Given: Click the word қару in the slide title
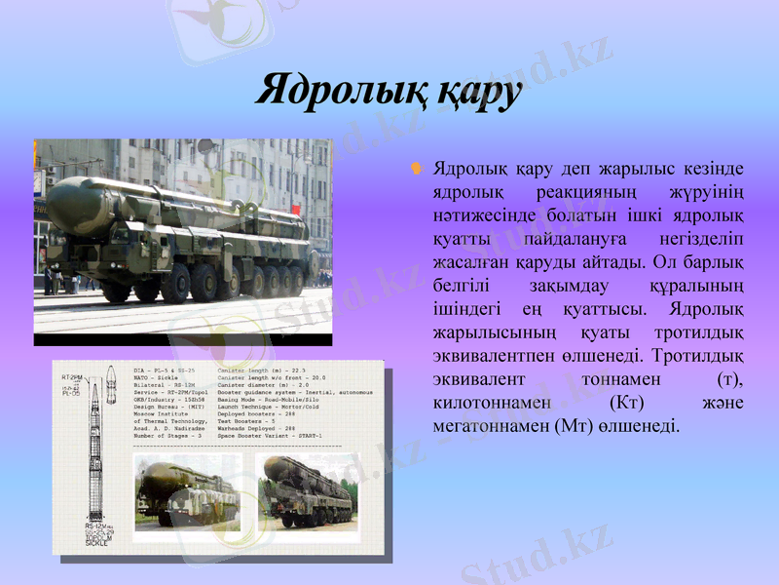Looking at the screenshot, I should [474, 94].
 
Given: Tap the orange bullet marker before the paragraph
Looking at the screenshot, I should [415, 170].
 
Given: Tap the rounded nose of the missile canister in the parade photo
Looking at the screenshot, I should [59, 204].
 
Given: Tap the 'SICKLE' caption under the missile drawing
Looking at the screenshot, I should [97, 543].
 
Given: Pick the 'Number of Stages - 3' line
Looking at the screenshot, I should [167, 434].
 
